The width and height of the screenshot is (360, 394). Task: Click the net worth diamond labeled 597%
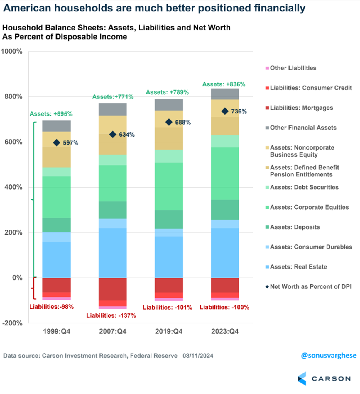(57, 143)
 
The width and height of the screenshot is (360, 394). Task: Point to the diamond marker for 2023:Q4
(225, 111)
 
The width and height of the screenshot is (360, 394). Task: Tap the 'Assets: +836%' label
(224, 84)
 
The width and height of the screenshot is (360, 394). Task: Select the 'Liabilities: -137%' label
(111, 316)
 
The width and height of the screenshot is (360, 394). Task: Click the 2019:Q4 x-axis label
(169, 332)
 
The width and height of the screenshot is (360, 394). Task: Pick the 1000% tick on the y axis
(12, 52)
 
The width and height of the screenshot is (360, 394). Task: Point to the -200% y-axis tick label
(12, 323)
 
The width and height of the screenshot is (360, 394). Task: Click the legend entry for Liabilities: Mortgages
(301, 108)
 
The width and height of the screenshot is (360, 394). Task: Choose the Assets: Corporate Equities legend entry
(309, 207)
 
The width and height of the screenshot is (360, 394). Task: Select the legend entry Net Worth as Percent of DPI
(311, 287)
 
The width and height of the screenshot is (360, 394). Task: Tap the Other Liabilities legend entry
(293, 68)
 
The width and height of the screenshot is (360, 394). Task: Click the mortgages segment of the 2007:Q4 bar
(113, 289)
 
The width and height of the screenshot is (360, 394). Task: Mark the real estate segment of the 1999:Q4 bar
(57, 259)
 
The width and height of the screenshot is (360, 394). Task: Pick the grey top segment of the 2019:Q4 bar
(169, 105)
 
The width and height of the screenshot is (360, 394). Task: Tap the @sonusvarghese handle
(329, 356)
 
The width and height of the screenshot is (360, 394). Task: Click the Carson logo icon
(302, 378)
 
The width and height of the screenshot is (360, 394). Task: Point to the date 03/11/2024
(198, 356)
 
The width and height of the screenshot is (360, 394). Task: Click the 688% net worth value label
(183, 122)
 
